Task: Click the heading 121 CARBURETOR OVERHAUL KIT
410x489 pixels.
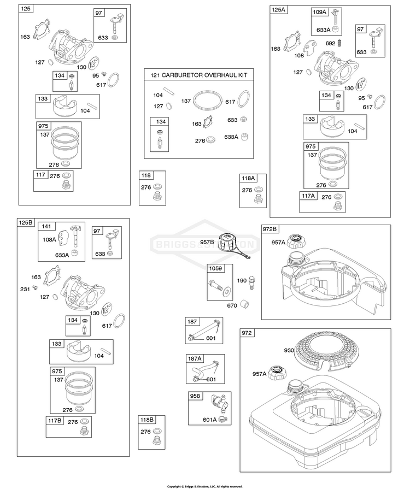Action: (199, 75)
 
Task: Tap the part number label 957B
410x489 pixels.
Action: (207, 242)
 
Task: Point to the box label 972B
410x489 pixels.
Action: (270, 229)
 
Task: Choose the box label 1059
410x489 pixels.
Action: (215, 268)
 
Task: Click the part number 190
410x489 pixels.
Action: (242, 281)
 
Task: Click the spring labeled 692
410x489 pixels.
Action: (340, 43)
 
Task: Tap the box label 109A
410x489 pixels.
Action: (319, 12)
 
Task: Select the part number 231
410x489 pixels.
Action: (25, 290)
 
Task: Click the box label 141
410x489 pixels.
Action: (46, 226)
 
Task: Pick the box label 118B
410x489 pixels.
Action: (147, 420)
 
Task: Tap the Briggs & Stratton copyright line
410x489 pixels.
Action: (204, 486)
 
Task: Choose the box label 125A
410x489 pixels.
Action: (279, 10)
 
